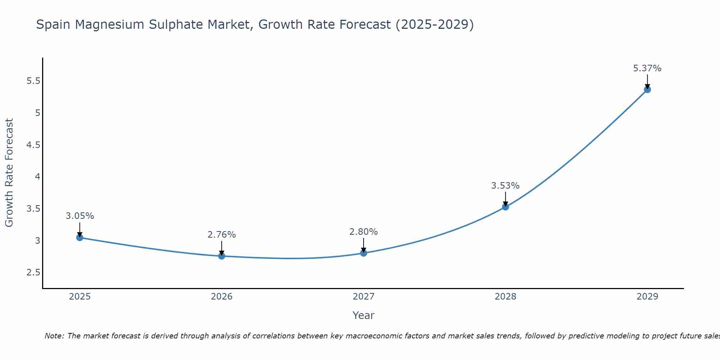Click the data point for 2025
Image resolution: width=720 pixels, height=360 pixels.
80,238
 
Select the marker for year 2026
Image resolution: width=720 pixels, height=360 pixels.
222,256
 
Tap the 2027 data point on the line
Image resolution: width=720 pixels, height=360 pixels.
364,253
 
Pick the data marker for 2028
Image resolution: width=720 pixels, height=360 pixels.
505,207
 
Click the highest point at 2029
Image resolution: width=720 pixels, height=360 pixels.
647,90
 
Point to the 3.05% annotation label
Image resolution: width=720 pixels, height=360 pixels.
80,216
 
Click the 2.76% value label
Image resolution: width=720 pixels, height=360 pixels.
222,235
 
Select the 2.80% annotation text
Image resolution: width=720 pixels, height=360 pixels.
364,232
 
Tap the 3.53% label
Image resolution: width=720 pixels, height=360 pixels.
505,186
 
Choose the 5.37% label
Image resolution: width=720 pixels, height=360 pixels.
647,68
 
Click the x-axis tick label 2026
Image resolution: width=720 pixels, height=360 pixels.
222,297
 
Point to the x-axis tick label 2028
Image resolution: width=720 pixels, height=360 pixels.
505,297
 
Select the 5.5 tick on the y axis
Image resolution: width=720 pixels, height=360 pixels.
33,81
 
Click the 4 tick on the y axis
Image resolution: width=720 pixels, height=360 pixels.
37,177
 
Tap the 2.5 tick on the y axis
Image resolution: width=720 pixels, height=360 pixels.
33,273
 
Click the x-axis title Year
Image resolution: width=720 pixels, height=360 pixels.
364,315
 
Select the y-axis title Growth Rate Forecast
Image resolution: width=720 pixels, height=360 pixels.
9,173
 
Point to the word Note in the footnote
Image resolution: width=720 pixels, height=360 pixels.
54,336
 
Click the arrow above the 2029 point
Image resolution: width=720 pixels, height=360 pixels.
647,81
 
